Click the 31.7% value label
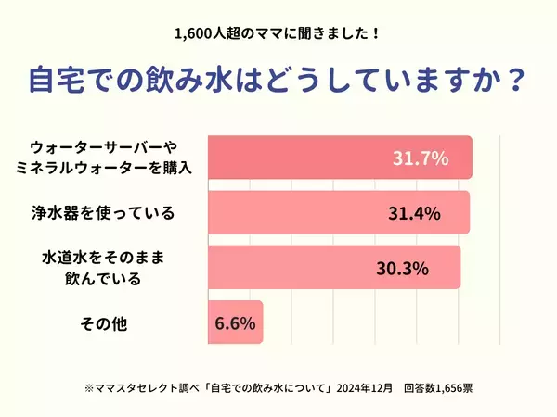coord(421,158)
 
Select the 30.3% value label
coord(401,269)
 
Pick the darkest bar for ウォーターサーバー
coord(297,158)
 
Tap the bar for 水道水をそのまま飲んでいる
coord(297,269)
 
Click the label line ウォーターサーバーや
coord(103,147)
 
